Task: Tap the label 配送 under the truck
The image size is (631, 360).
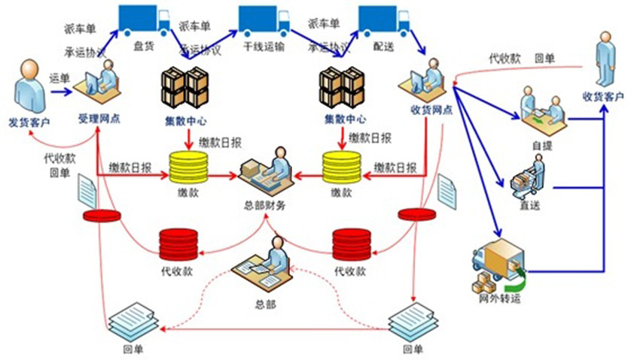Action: (384, 45)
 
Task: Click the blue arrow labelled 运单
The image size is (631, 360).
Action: (61, 92)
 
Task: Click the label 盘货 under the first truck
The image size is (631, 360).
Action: (143, 45)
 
